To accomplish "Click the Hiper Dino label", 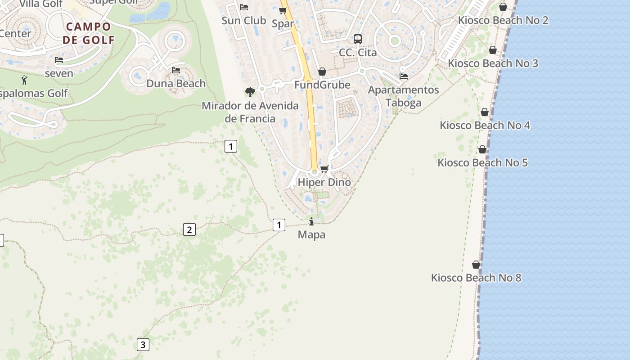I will pyautogui.click(x=324, y=182).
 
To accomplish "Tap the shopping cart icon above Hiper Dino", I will pyautogui.click(x=324, y=169).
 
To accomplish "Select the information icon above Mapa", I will pyautogui.click(x=311, y=221).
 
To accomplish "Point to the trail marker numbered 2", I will pyautogui.click(x=189, y=229).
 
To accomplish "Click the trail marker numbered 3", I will pyautogui.click(x=143, y=345).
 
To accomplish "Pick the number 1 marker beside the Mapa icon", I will pyautogui.click(x=279, y=225).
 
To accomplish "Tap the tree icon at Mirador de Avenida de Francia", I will pyautogui.click(x=250, y=92).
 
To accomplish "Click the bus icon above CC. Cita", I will pyautogui.click(x=358, y=39).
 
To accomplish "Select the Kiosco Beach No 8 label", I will pyautogui.click(x=476, y=278).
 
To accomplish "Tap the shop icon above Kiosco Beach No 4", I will pyautogui.click(x=485, y=112).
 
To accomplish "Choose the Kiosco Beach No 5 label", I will pyautogui.click(x=482, y=162).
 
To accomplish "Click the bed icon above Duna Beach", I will pyautogui.click(x=176, y=70).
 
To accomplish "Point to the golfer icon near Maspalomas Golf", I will pyautogui.click(x=24, y=81).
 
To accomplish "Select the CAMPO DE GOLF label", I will pyautogui.click(x=89, y=33).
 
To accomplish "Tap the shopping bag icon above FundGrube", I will pyautogui.click(x=322, y=72).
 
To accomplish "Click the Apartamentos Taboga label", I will pyautogui.click(x=403, y=96).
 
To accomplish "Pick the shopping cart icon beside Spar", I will pyautogui.click(x=283, y=11).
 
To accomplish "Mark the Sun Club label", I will pyautogui.click(x=244, y=21).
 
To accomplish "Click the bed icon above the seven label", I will pyautogui.click(x=59, y=60).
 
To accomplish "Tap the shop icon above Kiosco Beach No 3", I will pyautogui.click(x=493, y=50).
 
